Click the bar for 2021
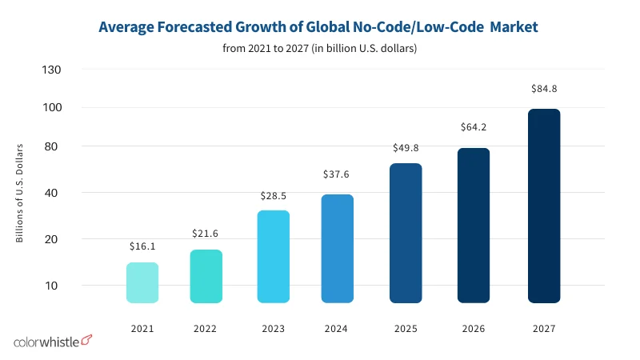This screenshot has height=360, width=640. [x=142, y=282]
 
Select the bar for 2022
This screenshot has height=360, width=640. [x=206, y=276]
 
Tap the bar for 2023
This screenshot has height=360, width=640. [x=274, y=257]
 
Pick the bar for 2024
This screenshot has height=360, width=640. [x=337, y=248]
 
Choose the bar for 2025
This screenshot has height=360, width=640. [x=406, y=233]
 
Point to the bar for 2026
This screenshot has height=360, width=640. [x=473, y=225]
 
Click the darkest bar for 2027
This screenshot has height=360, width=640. [x=544, y=206]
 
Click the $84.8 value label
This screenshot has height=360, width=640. [x=544, y=89]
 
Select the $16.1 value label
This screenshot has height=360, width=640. [x=142, y=246]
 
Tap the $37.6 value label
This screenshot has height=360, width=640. [x=337, y=174]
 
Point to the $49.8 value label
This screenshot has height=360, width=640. [x=406, y=147]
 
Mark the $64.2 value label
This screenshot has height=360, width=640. [x=473, y=127]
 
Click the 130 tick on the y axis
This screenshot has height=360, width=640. [x=52, y=70]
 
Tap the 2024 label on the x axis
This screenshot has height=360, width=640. [x=337, y=328]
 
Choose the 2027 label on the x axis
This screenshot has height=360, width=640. [x=544, y=328]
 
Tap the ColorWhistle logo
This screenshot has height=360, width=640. [x=53, y=342]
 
